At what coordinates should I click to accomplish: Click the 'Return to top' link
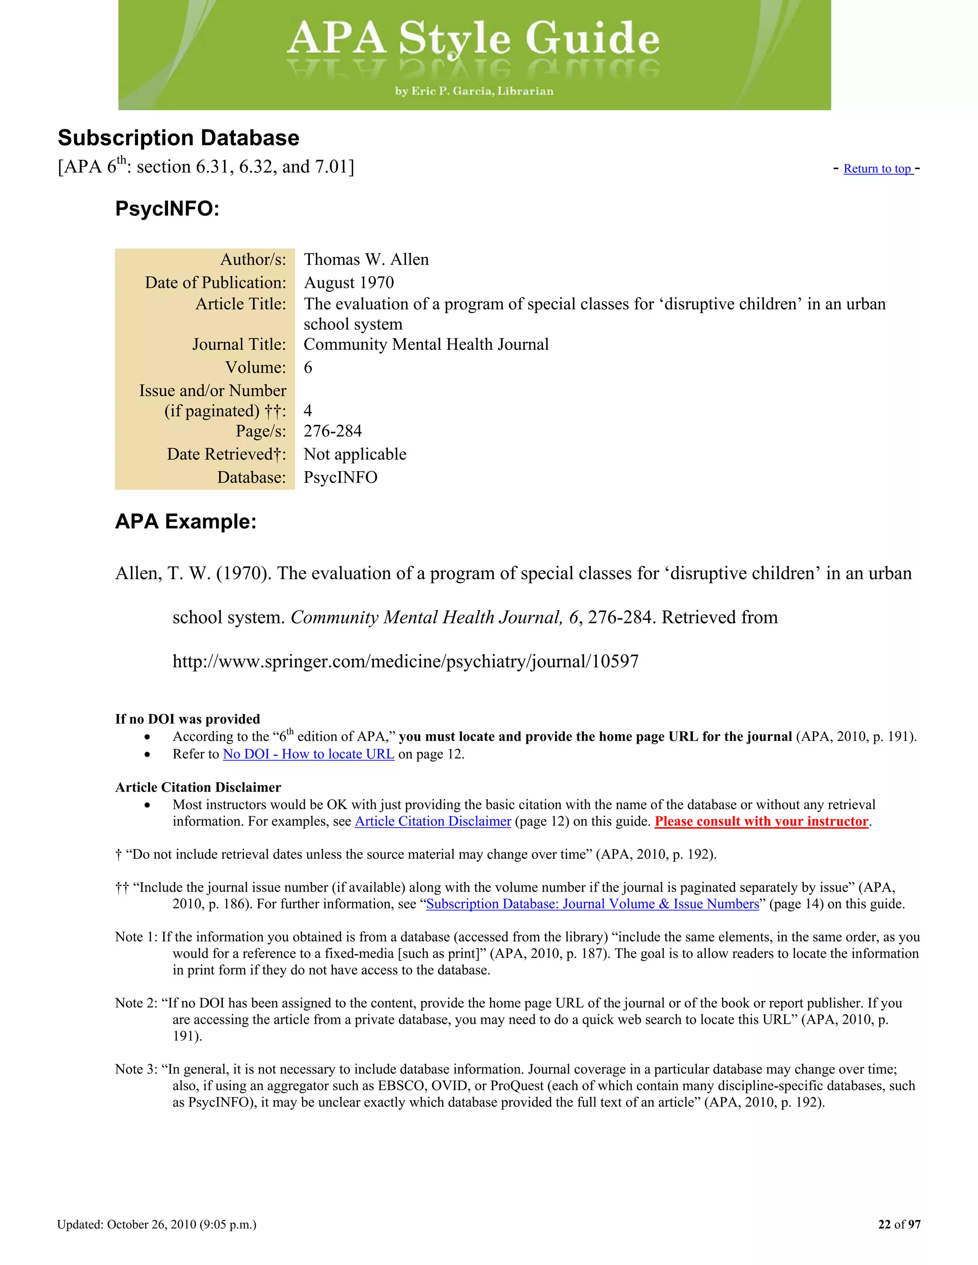point(877,169)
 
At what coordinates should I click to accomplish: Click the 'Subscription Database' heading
point(179,138)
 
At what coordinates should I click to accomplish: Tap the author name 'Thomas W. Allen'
point(366,260)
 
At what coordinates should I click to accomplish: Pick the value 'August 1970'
point(349,283)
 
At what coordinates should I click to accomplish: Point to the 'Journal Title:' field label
point(239,345)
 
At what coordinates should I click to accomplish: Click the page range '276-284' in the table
point(332,431)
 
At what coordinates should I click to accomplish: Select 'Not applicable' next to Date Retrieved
point(355,454)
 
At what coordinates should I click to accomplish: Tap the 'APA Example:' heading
point(185,521)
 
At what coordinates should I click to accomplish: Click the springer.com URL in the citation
point(405,662)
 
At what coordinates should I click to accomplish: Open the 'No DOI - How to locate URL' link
point(308,754)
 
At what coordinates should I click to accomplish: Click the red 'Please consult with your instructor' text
point(761,822)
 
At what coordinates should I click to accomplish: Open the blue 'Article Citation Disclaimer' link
point(433,822)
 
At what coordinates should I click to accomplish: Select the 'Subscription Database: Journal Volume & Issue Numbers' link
point(592,904)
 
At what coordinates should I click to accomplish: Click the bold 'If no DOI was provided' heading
point(187,719)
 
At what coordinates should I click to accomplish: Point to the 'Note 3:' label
point(136,1069)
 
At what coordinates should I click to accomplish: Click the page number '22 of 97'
point(899,1224)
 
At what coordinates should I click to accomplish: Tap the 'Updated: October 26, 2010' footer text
point(157,1224)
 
